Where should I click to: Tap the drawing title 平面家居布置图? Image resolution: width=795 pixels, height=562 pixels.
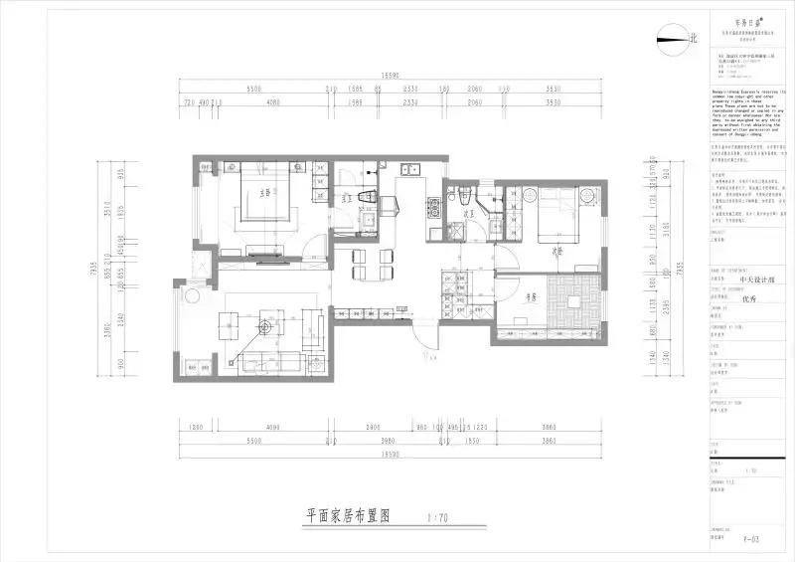pyautogui.click(x=347, y=516)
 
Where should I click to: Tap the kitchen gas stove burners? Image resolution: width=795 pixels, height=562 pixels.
pyautogui.click(x=434, y=208)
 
